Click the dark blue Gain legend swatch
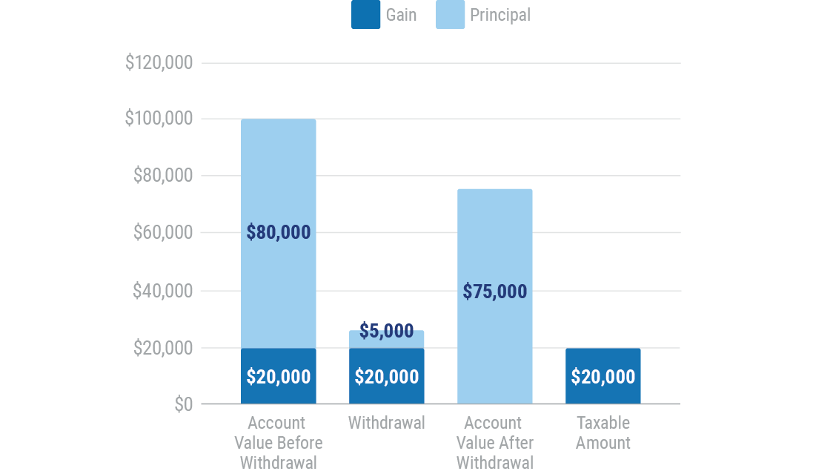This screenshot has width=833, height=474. tap(365, 15)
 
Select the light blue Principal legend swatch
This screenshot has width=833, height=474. tap(450, 15)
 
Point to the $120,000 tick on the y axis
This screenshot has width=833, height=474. tap(159, 63)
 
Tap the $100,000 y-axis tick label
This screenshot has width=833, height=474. tap(159, 119)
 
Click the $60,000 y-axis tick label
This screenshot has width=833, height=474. tap(162, 233)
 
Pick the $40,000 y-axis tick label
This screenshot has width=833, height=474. tap(162, 291)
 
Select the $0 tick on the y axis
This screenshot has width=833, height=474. tap(183, 404)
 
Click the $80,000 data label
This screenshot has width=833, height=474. tap(279, 232)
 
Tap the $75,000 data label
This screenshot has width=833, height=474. tap(495, 291)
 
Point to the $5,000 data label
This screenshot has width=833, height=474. tap(387, 331)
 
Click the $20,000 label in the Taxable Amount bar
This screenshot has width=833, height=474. tap(603, 377)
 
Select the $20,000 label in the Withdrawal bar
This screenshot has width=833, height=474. tap(387, 377)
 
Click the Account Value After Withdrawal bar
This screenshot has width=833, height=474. tap(495, 237)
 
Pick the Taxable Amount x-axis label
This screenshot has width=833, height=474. tap(603, 432)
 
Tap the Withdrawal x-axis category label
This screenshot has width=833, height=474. tap(387, 423)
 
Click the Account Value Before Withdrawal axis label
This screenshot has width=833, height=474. tap(279, 443)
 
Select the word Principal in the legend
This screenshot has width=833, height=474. tap(500, 15)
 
